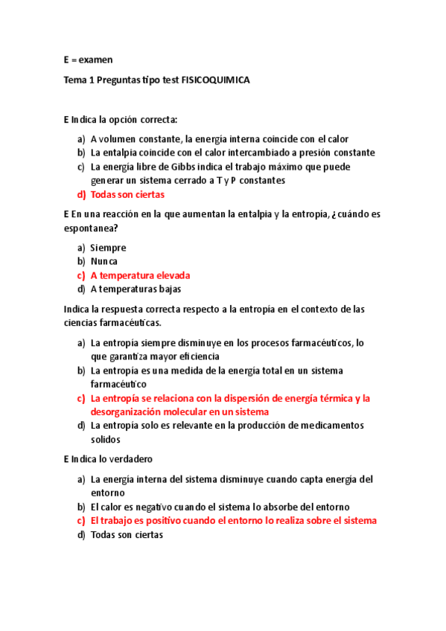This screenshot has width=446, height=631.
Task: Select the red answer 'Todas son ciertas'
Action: pos(127,194)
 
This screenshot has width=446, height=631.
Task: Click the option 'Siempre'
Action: pos(108,248)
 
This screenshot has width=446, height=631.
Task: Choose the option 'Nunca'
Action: pos(104,261)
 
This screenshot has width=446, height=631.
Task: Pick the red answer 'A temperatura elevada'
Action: pos(140,275)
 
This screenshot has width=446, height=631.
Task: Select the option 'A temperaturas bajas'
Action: pos(136,289)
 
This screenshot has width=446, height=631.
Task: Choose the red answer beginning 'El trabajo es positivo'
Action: pos(233,521)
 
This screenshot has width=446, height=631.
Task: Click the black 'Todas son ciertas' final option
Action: pos(127,534)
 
